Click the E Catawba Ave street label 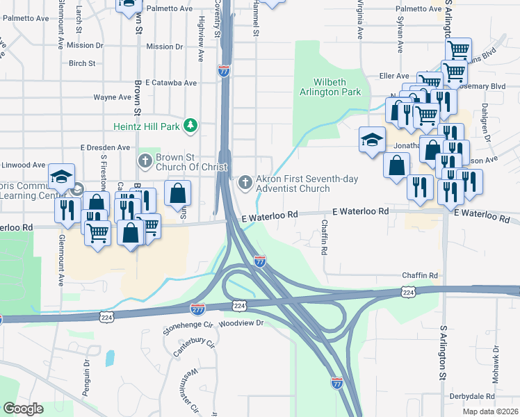[171, 83]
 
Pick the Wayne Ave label [113, 97]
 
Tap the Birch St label [82, 63]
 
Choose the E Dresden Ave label [105, 147]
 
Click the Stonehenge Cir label [188, 325]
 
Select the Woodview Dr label [241, 323]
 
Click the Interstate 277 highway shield [198, 307]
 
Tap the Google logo [22, 409]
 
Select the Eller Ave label [393, 76]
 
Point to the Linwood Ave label [23, 165]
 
